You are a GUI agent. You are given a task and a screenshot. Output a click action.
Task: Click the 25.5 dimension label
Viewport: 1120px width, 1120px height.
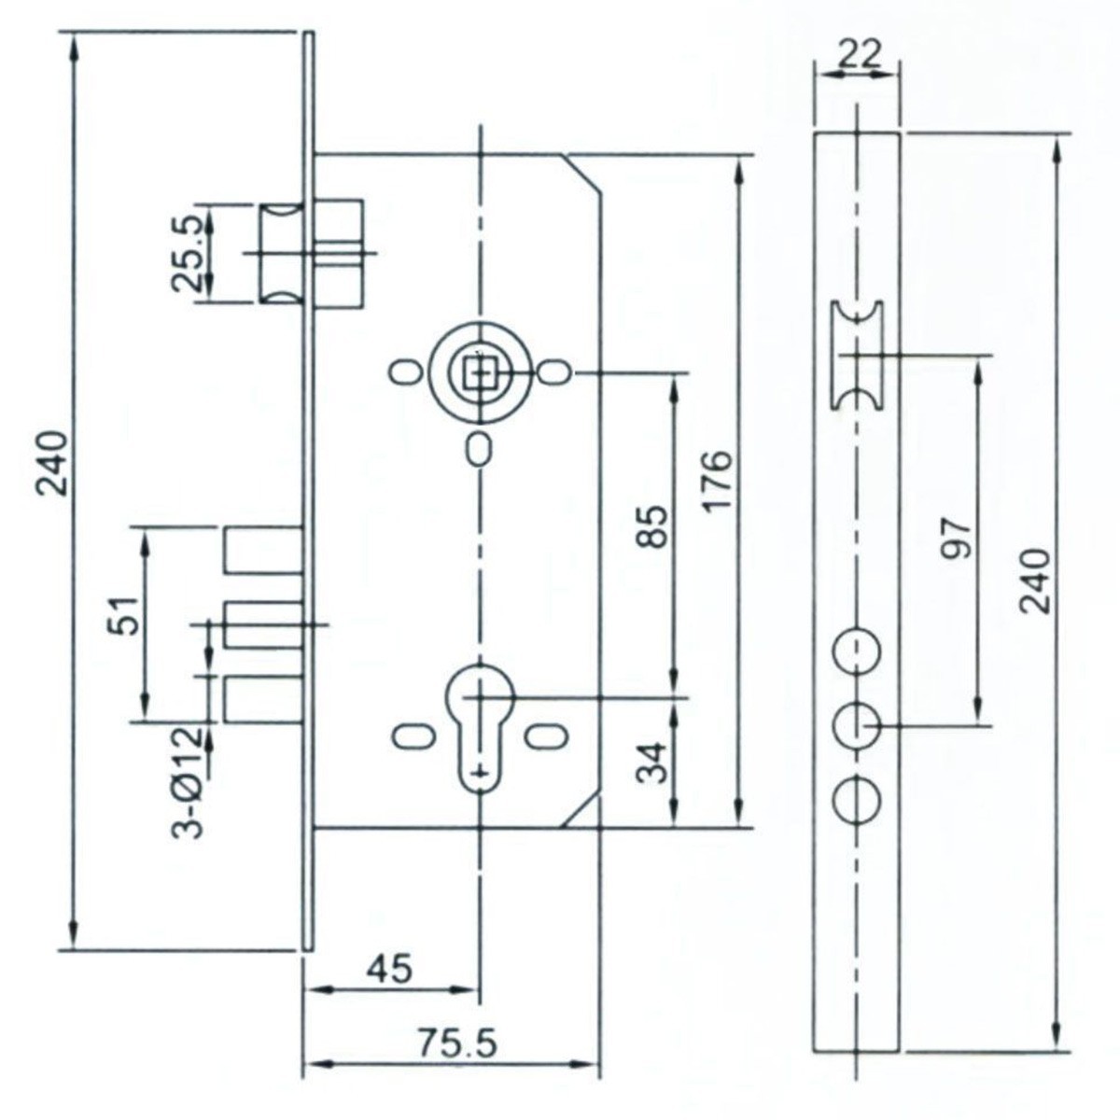(x=187, y=254)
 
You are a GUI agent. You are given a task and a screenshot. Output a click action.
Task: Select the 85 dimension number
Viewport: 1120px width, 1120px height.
(x=656, y=528)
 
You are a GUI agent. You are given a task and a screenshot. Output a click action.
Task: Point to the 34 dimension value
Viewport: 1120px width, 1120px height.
(x=656, y=763)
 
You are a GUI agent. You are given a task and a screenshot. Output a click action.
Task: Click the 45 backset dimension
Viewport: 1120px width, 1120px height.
(x=389, y=969)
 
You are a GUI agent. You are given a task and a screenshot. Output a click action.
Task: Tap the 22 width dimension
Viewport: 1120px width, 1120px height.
(x=859, y=54)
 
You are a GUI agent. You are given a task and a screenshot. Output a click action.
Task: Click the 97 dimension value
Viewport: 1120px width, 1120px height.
(x=959, y=539)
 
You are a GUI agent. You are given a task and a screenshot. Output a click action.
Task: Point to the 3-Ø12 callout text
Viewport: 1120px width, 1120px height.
(x=189, y=782)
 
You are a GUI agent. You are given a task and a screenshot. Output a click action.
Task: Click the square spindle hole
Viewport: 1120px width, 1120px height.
(x=481, y=373)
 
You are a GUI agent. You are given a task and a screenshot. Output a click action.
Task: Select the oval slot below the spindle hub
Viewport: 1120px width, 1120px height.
(x=480, y=450)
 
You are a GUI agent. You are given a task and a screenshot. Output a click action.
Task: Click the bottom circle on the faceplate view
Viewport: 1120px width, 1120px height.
(x=857, y=801)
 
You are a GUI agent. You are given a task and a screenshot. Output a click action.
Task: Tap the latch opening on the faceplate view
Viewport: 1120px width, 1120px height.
(x=858, y=356)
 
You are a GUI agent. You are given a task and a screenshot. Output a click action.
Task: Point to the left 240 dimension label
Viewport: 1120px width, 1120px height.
(x=53, y=464)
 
